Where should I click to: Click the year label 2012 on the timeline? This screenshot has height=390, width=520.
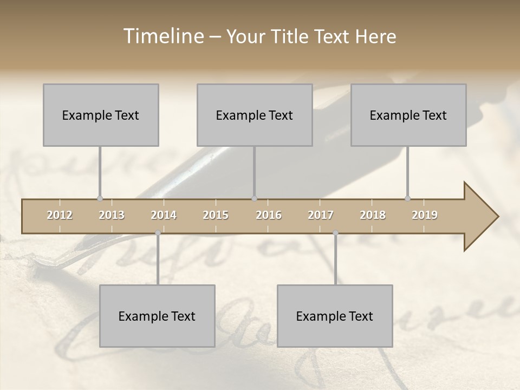pyautogui.click(x=60, y=215)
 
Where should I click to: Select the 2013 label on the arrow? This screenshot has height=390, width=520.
pyautogui.click(x=112, y=215)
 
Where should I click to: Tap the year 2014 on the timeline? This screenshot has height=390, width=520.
pyautogui.click(x=164, y=215)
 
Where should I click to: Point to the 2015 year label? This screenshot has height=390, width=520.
pyautogui.click(x=216, y=215)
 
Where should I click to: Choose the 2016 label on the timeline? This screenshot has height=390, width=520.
pyautogui.click(x=269, y=215)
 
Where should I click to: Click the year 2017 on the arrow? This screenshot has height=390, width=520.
pyautogui.click(x=321, y=215)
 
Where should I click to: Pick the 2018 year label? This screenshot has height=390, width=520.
pyautogui.click(x=373, y=215)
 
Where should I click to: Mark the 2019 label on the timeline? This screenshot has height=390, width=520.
pyautogui.click(x=425, y=215)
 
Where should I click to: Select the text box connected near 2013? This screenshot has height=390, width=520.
pyautogui.click(x=101, y=115)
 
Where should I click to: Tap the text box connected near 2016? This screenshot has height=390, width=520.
pyautogui.click(x=255, y=115)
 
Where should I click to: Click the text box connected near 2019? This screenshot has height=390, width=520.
pyautogui.click(x=408, y=115)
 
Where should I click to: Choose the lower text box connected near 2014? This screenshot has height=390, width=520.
pyautogui.click(x=157, y=316)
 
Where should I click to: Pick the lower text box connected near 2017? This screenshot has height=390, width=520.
pyautogui.click(x=335, y=316)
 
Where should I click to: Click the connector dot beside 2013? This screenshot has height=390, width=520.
pyautogui.click(x=100, y=198)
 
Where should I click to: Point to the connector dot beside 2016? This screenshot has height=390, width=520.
pyautogui.click(x=255, y=198)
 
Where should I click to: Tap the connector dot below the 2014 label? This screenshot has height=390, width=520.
pyautogui.click(x=158, y=233)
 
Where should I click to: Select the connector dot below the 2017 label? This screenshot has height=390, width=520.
pyautogui.click(x=335, y=233)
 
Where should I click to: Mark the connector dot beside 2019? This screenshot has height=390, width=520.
pyautogui.click(x=407, y=198)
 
